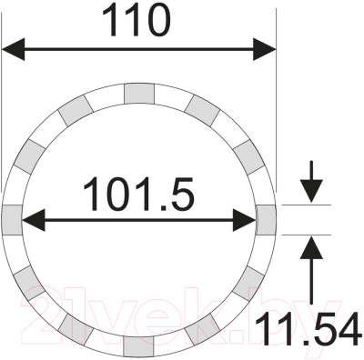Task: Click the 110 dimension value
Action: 137,19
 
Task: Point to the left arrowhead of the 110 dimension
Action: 13,50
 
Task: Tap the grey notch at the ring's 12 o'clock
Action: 138,92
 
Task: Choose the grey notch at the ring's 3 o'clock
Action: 266,218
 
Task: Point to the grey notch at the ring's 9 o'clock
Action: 12,218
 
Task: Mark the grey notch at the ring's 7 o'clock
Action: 77,329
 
